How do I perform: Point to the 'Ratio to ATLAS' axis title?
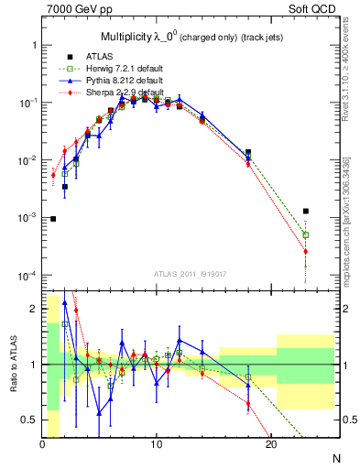pyautogui.click(x=15, y=365)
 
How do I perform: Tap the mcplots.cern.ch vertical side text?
pyautogui.click(x=352, y=211)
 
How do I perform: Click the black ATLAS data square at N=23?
pyautogui.click(x=305, y=212)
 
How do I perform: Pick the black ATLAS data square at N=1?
pyautogui.click(x=54, y=219)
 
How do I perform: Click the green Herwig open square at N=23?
pyautogui.click(x=305, y=234)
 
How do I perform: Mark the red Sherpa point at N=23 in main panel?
pyautogui.click(x=305, y=251)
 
